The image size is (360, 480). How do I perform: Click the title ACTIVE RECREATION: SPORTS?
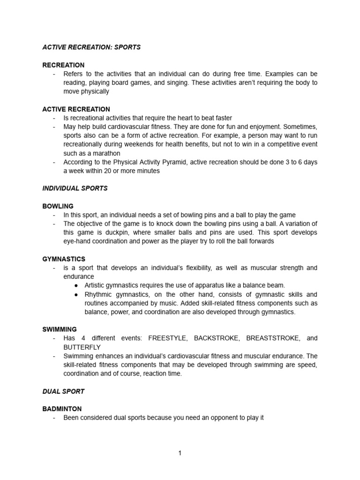(91, 48)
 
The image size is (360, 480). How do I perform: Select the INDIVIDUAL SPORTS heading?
(75, 188)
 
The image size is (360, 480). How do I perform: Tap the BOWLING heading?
(58, 206)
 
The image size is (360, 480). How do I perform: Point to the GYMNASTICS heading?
(64, 259)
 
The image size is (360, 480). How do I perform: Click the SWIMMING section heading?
(60, 330)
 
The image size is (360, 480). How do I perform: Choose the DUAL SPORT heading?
(63, 391)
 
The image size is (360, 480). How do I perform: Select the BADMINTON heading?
(62, 409)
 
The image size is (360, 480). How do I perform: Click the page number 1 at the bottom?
(180, 453)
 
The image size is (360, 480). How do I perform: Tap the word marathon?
(106, 153)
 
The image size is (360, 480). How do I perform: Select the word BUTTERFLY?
(82, 347)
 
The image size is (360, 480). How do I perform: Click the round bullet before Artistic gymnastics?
(76, 285)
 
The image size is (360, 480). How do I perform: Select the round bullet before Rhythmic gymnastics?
(76, 294)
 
